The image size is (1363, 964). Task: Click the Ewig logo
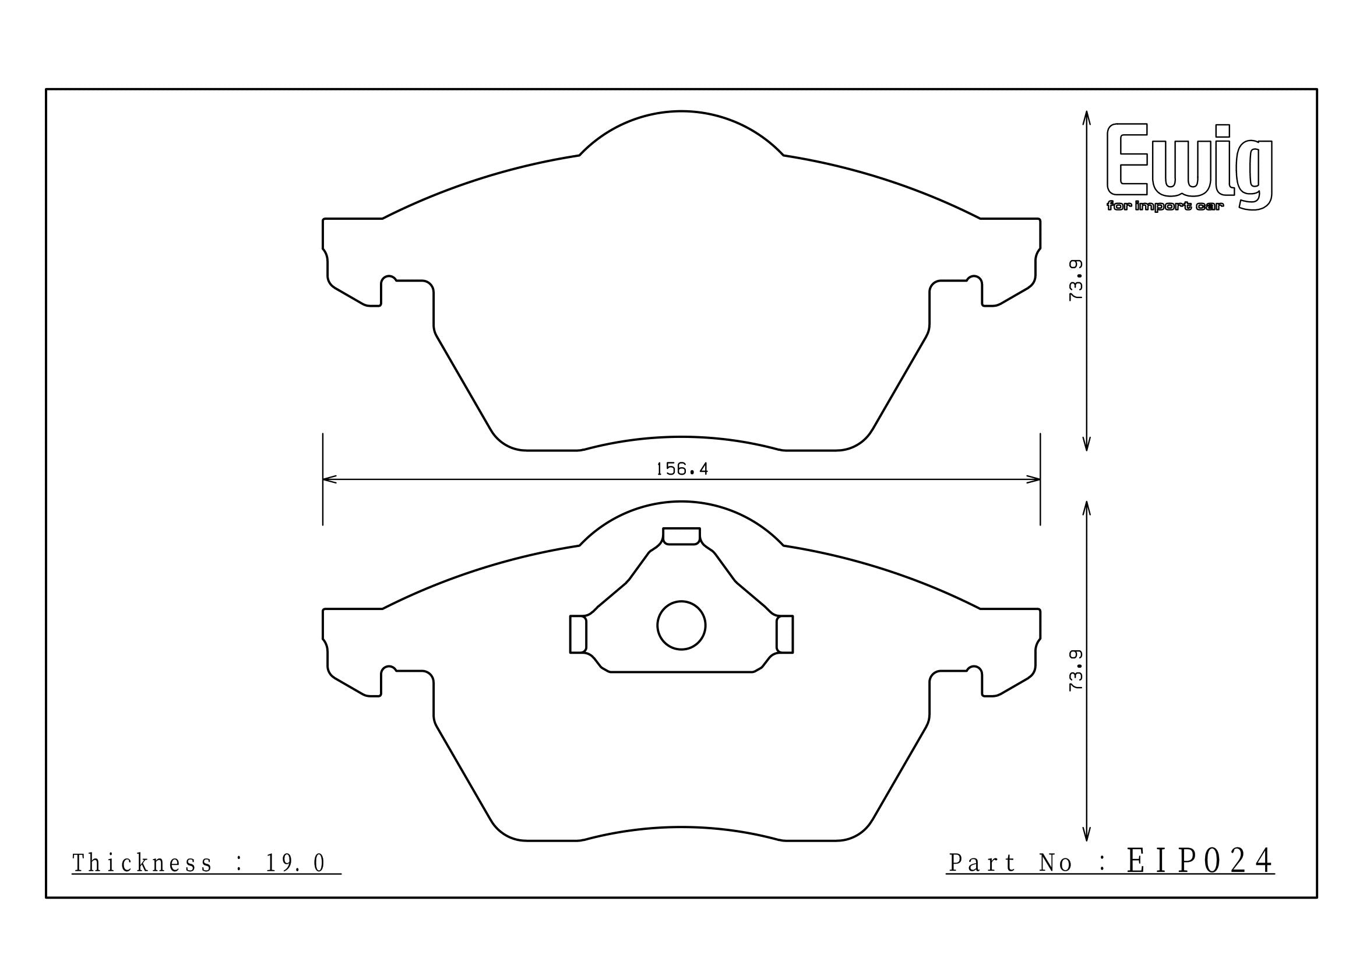coord(1190,167)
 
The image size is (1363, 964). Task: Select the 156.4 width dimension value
coord(682,469)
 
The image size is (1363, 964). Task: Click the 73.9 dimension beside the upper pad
coord(1076,280)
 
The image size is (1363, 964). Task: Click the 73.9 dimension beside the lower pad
coord(1076,670)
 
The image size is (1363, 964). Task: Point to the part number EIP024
coord(1200,860)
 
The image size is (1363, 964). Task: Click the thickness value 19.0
coord(295,864)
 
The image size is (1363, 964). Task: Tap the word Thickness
coord(142,864)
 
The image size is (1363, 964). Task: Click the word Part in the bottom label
coord(982,863)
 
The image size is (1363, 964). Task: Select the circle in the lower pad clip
coord(682,625)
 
